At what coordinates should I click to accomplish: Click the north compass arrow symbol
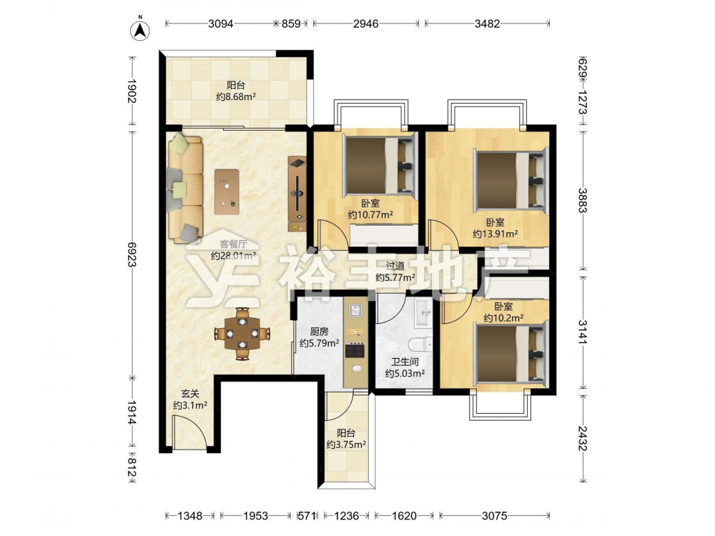[140, 31]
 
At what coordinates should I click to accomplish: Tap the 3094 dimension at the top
[221, 24]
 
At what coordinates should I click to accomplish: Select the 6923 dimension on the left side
[132, 254]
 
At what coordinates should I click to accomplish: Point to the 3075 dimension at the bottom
[494, 516]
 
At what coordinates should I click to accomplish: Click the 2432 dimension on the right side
[582, 439]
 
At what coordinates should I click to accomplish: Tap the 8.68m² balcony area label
[236, 96]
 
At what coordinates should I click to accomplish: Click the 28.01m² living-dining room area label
[233, 256]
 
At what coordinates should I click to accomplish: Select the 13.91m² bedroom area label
[495, 234]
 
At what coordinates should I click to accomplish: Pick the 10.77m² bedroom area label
[370, 214]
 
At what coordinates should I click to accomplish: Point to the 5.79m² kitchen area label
[319, 343]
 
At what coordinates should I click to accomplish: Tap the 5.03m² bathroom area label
[405, 374]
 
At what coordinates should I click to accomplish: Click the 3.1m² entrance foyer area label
[190, 405]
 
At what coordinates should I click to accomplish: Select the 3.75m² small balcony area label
[346, 445]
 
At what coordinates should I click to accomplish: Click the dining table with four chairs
[242, 334]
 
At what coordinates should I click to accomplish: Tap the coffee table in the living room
[227, 192]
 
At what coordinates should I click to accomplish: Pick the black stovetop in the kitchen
[355, 350]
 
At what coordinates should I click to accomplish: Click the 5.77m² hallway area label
[395, 277]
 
